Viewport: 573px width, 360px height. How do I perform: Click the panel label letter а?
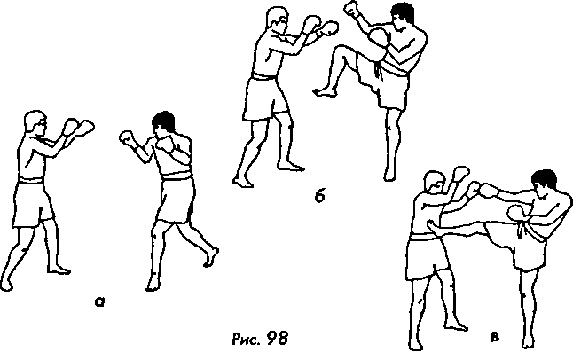click(x=99, y=301)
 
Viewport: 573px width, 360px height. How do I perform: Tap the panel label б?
click(x=319, y=196)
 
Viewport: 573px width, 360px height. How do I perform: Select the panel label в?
click(x=494, y=337)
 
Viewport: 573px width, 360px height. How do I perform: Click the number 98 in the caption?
click(x=277, y=338)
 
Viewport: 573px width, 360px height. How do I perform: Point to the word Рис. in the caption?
click(x=246, y=339)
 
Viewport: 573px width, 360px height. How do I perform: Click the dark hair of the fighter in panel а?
click(x=164, y=119)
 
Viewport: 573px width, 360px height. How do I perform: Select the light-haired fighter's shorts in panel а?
click(x=33, y=203)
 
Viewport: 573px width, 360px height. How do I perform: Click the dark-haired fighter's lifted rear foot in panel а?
click(x=211, y=257)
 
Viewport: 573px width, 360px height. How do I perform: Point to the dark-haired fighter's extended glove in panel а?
click(x=127, y=137)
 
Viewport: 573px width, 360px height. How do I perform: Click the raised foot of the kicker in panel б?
click(x=324, y=91)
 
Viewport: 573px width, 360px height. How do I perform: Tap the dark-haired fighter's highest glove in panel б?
click(x=352, y=8)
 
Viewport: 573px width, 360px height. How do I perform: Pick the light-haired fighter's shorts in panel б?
click(x=266, y=98)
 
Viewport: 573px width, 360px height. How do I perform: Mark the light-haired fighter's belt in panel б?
click(x=264, y=77)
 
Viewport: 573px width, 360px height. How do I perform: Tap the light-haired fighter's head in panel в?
click(x=435, y=184)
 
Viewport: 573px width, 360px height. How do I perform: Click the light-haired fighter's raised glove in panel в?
click(x=460, y=174)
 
